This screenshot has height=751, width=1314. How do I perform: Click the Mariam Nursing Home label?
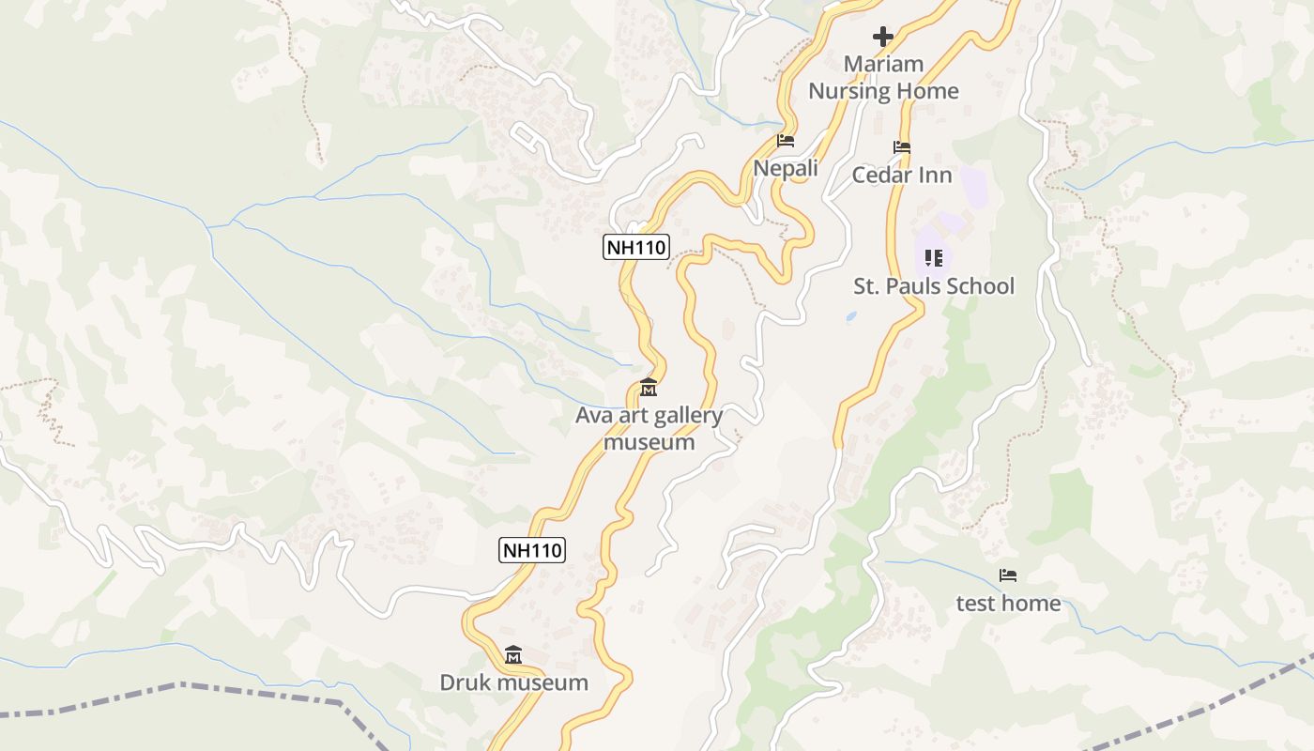[883, 78]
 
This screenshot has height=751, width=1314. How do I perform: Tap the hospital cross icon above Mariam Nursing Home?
[883, 37]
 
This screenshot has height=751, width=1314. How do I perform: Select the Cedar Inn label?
[902, 176]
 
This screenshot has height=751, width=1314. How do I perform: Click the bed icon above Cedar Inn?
[902, 147]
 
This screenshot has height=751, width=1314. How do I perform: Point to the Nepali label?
[786, 169]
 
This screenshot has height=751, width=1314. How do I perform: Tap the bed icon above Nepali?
[786, 141]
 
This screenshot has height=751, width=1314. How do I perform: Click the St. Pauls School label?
[933, 286]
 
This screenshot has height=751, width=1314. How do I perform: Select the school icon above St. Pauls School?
[933, 257]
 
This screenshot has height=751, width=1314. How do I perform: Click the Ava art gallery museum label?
[649, 428]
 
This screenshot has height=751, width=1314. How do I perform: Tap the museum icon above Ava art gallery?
[649, 387]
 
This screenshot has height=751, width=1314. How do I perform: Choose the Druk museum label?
[513, 682]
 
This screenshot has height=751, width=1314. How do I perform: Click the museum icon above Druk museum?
[513, 654]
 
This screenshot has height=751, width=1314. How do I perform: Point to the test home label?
[1008, 604]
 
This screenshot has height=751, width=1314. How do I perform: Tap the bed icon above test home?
[1008, 575]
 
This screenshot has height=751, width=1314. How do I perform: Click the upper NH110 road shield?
[635, 248]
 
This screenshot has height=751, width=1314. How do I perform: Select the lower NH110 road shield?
[532, 550]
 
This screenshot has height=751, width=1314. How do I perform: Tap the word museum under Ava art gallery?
[649, 441]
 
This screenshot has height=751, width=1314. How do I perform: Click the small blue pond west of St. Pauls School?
[851, 317]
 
